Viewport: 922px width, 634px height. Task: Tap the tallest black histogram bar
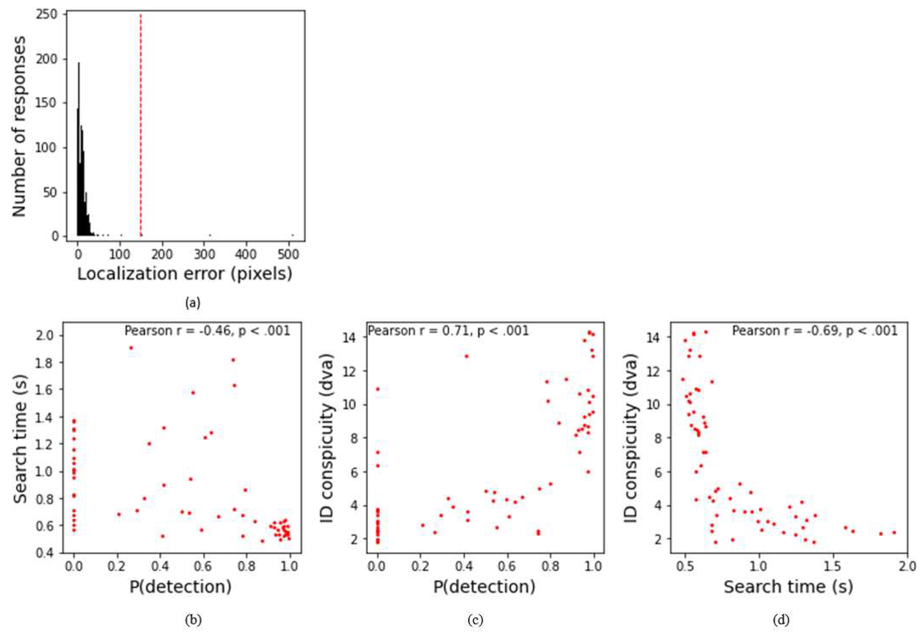(79, 151)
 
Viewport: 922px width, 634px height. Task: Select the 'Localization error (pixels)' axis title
(185, 274)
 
